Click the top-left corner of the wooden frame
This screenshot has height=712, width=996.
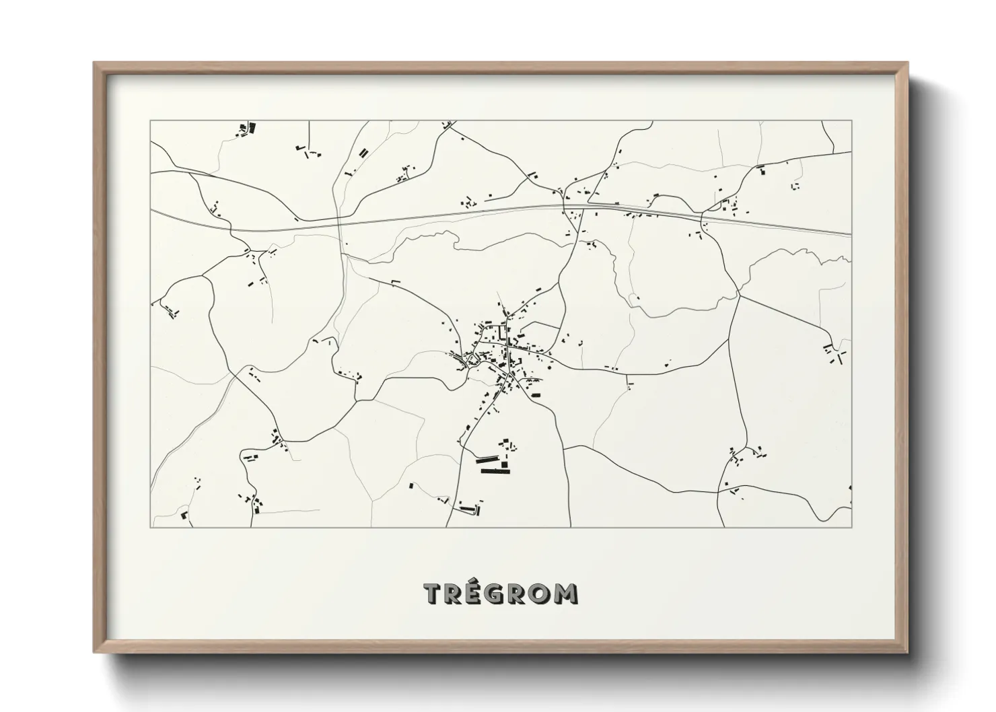[94, 63]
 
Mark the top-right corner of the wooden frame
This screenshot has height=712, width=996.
[907, 63]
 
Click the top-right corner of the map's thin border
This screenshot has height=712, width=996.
[851, 120]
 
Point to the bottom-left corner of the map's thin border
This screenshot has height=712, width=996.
[151, 527]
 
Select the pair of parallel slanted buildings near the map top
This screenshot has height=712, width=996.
[363, 153]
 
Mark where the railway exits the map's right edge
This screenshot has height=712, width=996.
[851, 234]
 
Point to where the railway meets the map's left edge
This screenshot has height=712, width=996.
[151, 210]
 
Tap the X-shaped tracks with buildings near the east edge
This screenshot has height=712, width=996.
[834, 353]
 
